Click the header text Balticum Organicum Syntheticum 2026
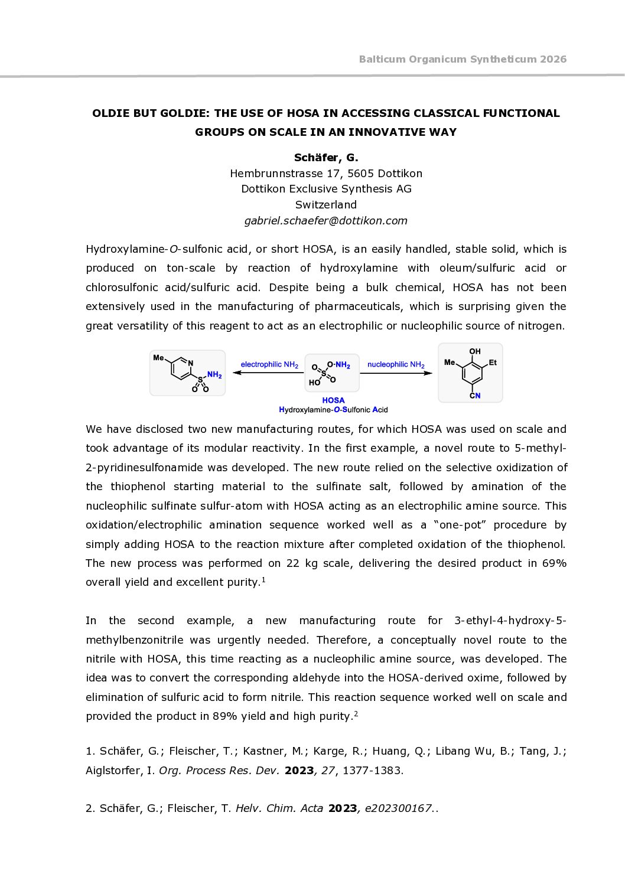point(463,59)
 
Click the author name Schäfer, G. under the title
point(326,158)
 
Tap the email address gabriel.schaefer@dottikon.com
point(326,221)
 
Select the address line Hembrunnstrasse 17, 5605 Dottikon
point(326,174)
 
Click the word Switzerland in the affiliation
point(326,205)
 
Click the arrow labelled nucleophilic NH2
point(397,373)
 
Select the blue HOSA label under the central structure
point(333,400)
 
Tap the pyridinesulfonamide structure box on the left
point(187,373)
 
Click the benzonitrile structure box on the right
point(470,373)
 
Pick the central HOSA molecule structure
point(331,373)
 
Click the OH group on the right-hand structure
point(475,352)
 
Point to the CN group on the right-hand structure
point(475,396)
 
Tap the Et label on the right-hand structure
point(493,363)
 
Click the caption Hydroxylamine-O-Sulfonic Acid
point(333,410)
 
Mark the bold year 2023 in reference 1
point(299,771)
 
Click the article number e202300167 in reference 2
point(398,808)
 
